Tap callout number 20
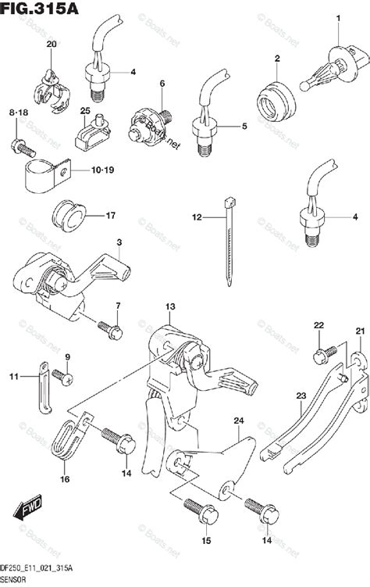click(52, 45)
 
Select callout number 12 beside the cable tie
click(197, 217)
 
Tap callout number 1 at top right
click(339, 17)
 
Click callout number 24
click(238, 422)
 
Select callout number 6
click(163, 84)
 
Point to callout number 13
click(171, 306)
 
